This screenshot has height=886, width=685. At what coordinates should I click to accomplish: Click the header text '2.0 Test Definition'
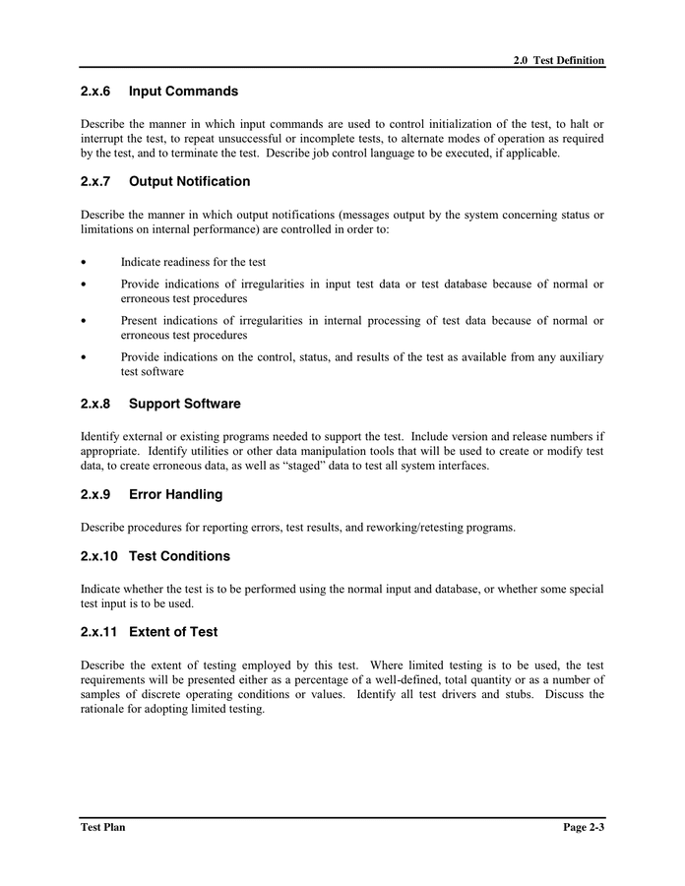(558, 60)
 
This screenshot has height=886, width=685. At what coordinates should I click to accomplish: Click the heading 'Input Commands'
(183, 92)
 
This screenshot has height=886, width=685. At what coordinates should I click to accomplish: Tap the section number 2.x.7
(95, 182)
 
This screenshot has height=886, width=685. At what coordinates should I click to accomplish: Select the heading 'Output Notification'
(189, 182)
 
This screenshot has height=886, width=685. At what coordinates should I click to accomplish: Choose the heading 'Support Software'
(184, 404)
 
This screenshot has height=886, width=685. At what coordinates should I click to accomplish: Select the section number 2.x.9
(95, 494)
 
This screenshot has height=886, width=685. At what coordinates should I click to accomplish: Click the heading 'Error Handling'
(175, 494)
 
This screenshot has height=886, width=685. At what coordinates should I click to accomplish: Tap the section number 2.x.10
(99, 556)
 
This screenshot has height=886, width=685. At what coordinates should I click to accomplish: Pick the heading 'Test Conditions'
(179, 556)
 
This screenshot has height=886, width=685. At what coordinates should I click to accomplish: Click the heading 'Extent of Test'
(173, 632)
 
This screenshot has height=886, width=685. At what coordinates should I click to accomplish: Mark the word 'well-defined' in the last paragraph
(392, 679)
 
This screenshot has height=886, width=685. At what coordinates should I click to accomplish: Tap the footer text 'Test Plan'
(102, 827)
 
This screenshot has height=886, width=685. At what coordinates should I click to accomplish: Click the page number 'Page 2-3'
(584, 827)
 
